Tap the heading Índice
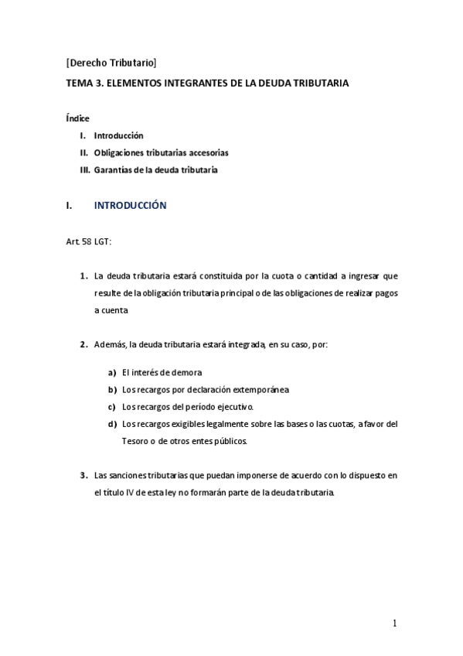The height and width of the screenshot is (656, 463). (77, 118)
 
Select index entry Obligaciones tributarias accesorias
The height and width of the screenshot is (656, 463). (161, 152)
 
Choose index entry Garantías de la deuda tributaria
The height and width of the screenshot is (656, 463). (155, 169)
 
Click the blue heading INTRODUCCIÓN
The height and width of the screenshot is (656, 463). (130, 207)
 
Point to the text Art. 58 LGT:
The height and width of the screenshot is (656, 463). (89, 241)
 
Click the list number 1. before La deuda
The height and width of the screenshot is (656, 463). (83, 275)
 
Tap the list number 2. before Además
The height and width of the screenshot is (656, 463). (83, 344)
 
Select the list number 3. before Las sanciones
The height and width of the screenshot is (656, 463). (83, 476)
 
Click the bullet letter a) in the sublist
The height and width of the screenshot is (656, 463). (112, 372)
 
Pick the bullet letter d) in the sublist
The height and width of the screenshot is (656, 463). (112, 423)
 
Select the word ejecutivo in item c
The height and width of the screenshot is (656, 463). (234, 406)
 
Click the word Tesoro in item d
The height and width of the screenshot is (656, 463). (135, 440)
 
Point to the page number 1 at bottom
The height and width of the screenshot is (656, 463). (394, 624)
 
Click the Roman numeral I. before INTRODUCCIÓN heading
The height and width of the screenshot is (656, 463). (70, 207)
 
